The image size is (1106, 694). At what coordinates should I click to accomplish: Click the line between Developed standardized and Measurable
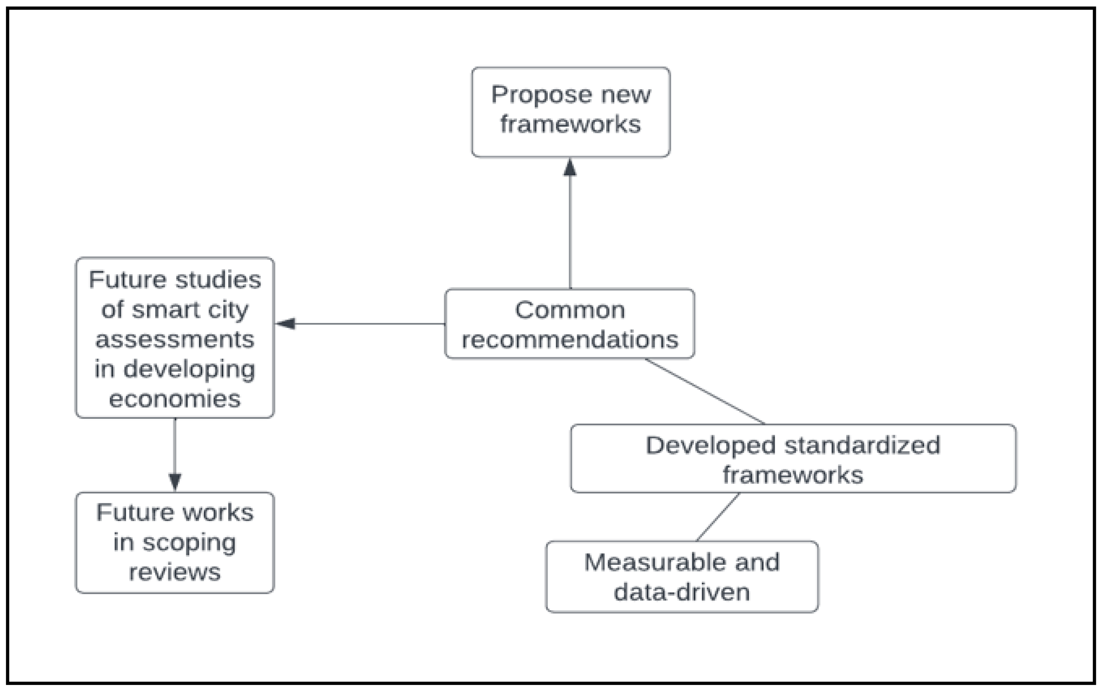pos(718,517)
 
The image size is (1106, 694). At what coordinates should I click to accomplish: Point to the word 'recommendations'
pos(569,340)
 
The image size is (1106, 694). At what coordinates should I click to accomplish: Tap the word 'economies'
pos(175,398)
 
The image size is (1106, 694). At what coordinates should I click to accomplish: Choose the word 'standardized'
pos(862,445)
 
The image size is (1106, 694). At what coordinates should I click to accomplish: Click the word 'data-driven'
pos(681,592)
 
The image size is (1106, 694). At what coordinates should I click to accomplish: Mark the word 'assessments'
pos(175,340)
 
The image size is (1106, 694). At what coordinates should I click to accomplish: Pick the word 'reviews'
pos(175,572)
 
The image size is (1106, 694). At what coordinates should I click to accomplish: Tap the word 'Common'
pos(569,310)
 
